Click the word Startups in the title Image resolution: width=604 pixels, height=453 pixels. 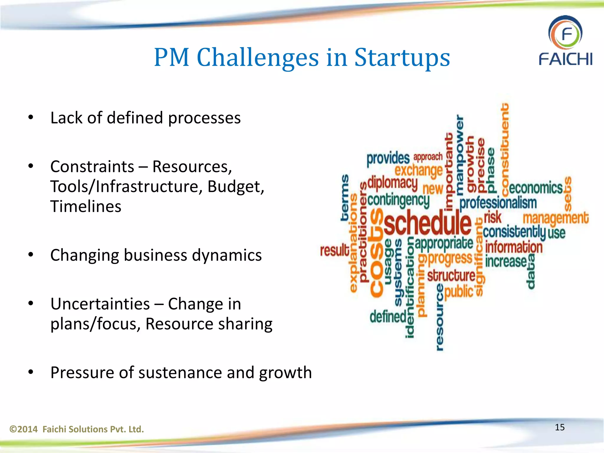coord(402,58)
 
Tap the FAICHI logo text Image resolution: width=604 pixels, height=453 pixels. coord(565,59)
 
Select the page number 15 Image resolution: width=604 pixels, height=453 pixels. coord(559,427)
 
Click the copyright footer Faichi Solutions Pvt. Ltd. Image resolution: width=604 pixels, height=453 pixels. coord(77,429)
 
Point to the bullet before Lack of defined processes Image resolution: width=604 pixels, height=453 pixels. coord(31,118)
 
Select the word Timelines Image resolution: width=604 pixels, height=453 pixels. coord(86,206)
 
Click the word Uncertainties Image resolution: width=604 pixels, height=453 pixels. coord(100,304)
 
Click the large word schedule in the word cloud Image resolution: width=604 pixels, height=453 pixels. coord(428,223)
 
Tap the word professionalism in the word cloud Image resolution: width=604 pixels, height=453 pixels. coord(498,203)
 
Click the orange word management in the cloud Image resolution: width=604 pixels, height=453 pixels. coord(556,219)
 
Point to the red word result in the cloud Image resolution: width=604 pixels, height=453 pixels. coord(335,251)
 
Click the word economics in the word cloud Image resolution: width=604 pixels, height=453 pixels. coord(536,188)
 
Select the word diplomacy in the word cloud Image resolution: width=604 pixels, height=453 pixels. coord(393,183)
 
